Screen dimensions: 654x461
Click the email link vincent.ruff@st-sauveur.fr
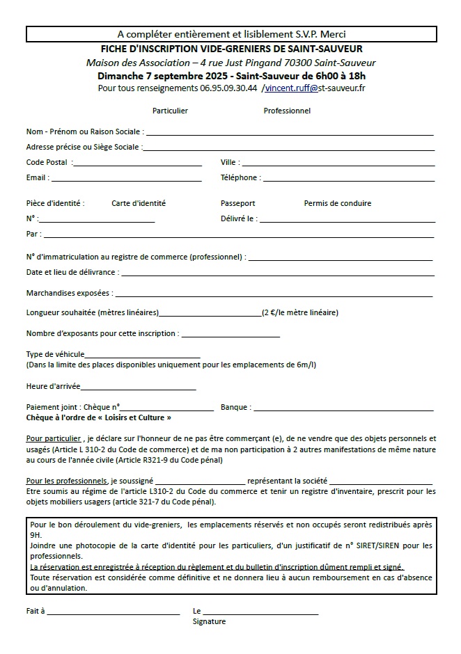[315, 88]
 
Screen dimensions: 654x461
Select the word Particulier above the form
[170, 111]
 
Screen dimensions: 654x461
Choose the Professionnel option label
[287, 111]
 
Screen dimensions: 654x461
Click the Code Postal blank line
[136, 164]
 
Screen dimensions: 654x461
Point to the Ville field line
[338, 164]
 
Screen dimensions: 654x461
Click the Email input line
[126, 180]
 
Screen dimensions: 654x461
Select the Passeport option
[238, 203]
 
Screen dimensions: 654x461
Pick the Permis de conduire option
[338, 203]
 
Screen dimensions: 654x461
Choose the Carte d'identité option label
[139, 203]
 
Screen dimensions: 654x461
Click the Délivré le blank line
[347, 221]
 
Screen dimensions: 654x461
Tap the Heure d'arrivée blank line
[139, 388]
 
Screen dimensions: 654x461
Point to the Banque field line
[344, 409]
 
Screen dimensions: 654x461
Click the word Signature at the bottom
[209, 621]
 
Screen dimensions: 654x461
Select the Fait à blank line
[114, 613]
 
